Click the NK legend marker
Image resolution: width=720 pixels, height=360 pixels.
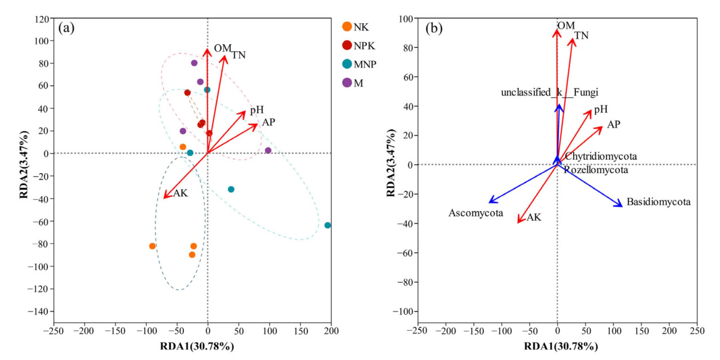pyautogui.click(x=347, y=26)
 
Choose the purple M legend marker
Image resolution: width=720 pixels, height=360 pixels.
pyautogui.click(x=347, y=82)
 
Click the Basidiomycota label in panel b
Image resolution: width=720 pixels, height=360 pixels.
pyautogui.click(x=658, y=201)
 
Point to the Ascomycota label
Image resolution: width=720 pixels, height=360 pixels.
pyautogui.click(x=475, y=213)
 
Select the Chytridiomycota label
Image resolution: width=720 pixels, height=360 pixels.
pyautogui.click(x=601, y=156)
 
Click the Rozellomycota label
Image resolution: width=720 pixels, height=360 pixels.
pyautogui.click(x=596, y=169)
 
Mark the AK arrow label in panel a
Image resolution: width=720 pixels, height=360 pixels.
pyautogui.click(x=180, y=193)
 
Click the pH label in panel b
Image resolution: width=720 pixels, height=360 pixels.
pyautogui.click(x=600, y=109)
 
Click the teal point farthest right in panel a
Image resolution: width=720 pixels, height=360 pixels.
pyautogui.click(x=328, y=225)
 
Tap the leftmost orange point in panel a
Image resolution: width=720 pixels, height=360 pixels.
pyautogui.click(x=152, y=246)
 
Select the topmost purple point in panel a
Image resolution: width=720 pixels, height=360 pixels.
pyautogui.click(x=194, y=63)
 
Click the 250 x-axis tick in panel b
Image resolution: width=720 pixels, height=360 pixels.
pyautogui.click(x=697, y=328)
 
